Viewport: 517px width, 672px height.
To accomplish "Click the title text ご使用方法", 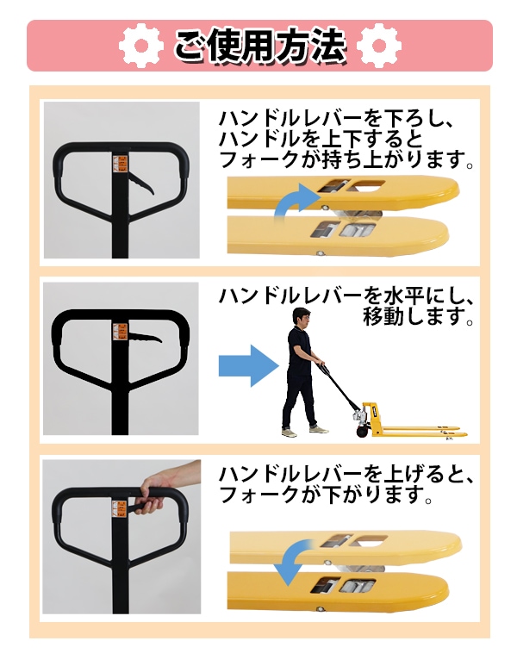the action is [x=259, y=45].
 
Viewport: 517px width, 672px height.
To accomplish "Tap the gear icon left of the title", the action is [x=140, y=45].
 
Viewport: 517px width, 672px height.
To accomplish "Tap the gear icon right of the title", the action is [x=378, y=45].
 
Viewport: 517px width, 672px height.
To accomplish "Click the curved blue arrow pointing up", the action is [x=296, y=201].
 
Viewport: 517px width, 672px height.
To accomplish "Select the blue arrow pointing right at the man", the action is [x=249, y=366].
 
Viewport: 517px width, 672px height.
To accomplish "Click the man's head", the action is [x=301, y=318].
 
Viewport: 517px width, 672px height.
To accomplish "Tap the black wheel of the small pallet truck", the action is [x=362, y=430].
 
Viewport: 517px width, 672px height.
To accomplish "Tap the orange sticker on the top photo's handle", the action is [x=121, y=164].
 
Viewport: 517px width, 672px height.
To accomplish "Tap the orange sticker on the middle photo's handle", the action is [x=121, y=332].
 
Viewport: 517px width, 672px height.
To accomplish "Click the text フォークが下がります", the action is [x=325, y=495].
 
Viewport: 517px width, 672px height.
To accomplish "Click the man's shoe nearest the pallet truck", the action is [x=318, y=429].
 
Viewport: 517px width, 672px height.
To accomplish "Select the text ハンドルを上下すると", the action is [x=321, y=140].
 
